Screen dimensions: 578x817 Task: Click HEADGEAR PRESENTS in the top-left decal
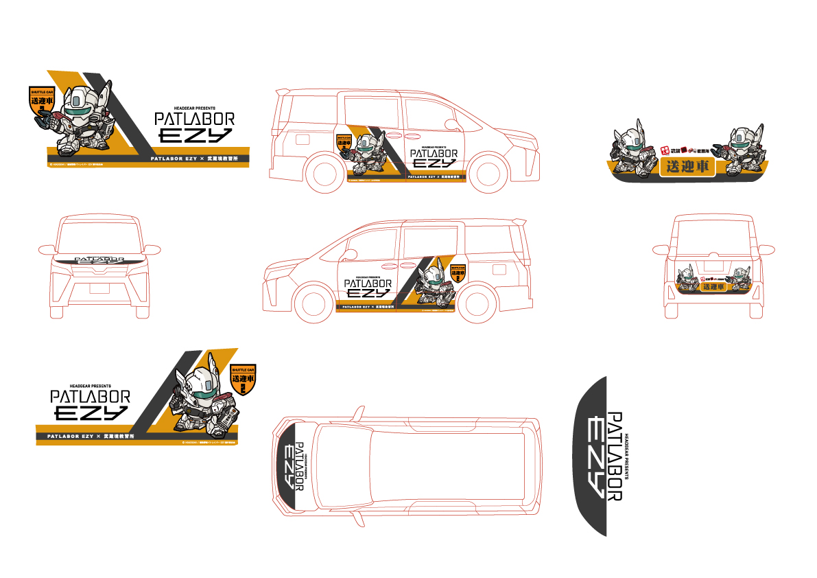tap(195, 108)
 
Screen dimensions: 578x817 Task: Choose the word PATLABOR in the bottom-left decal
tap(89, 397)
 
